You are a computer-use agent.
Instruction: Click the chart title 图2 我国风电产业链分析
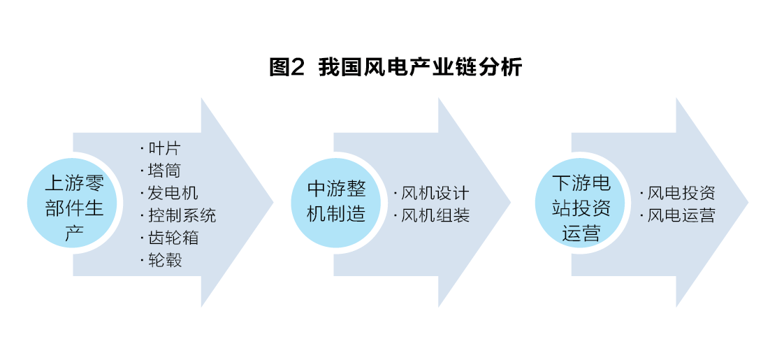click(x=395, y=68)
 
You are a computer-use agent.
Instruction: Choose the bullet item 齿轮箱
click(x=173, y=237)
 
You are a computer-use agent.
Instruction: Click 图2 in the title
click(x=287, y=68)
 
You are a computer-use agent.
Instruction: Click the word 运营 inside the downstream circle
click(x=581, y=232)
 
